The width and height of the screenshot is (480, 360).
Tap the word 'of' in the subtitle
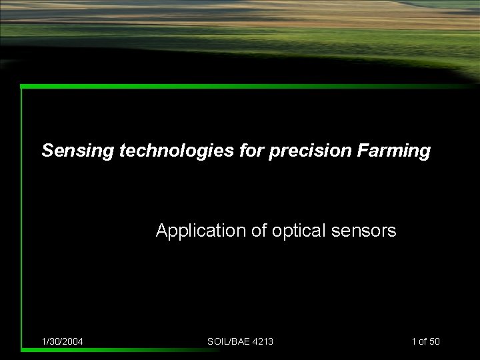[x=259, y=231]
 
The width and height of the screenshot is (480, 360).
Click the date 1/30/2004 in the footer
[x=62, y=341]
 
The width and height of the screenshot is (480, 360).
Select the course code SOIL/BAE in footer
[x=228, y=341]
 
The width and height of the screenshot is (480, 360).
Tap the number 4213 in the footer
[x=262, y=341]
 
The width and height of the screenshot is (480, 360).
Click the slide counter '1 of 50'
[x=425, y=341]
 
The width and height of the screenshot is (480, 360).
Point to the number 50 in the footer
[x=434, y=341]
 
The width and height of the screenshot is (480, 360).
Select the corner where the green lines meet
[x=22, y=86]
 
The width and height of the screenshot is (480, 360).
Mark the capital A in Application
[x=161, y=231]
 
